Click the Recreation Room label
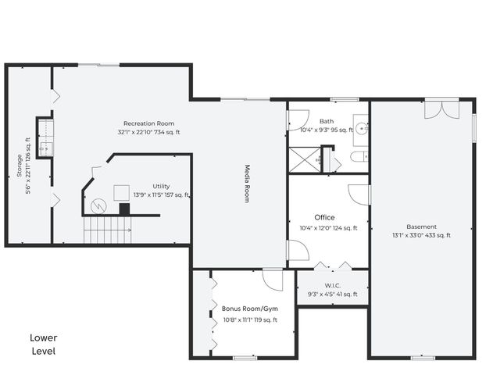click(x=148, y=123)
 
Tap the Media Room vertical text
click(x=246, y=184)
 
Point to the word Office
click(x=324, y=217)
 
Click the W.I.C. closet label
click(x=332, y=285)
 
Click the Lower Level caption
click(x=44, y=345)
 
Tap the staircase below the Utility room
click(x=108, y=230)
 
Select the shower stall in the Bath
click(x=305, y=160)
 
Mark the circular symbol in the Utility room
click(x=98, y=207)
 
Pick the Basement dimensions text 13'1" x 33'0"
click(x=421, y=235)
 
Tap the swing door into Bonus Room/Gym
click(x=273, y=279)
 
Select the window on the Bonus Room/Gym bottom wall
click(x=245, y=358)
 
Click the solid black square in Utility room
click(x=124, y=209)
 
